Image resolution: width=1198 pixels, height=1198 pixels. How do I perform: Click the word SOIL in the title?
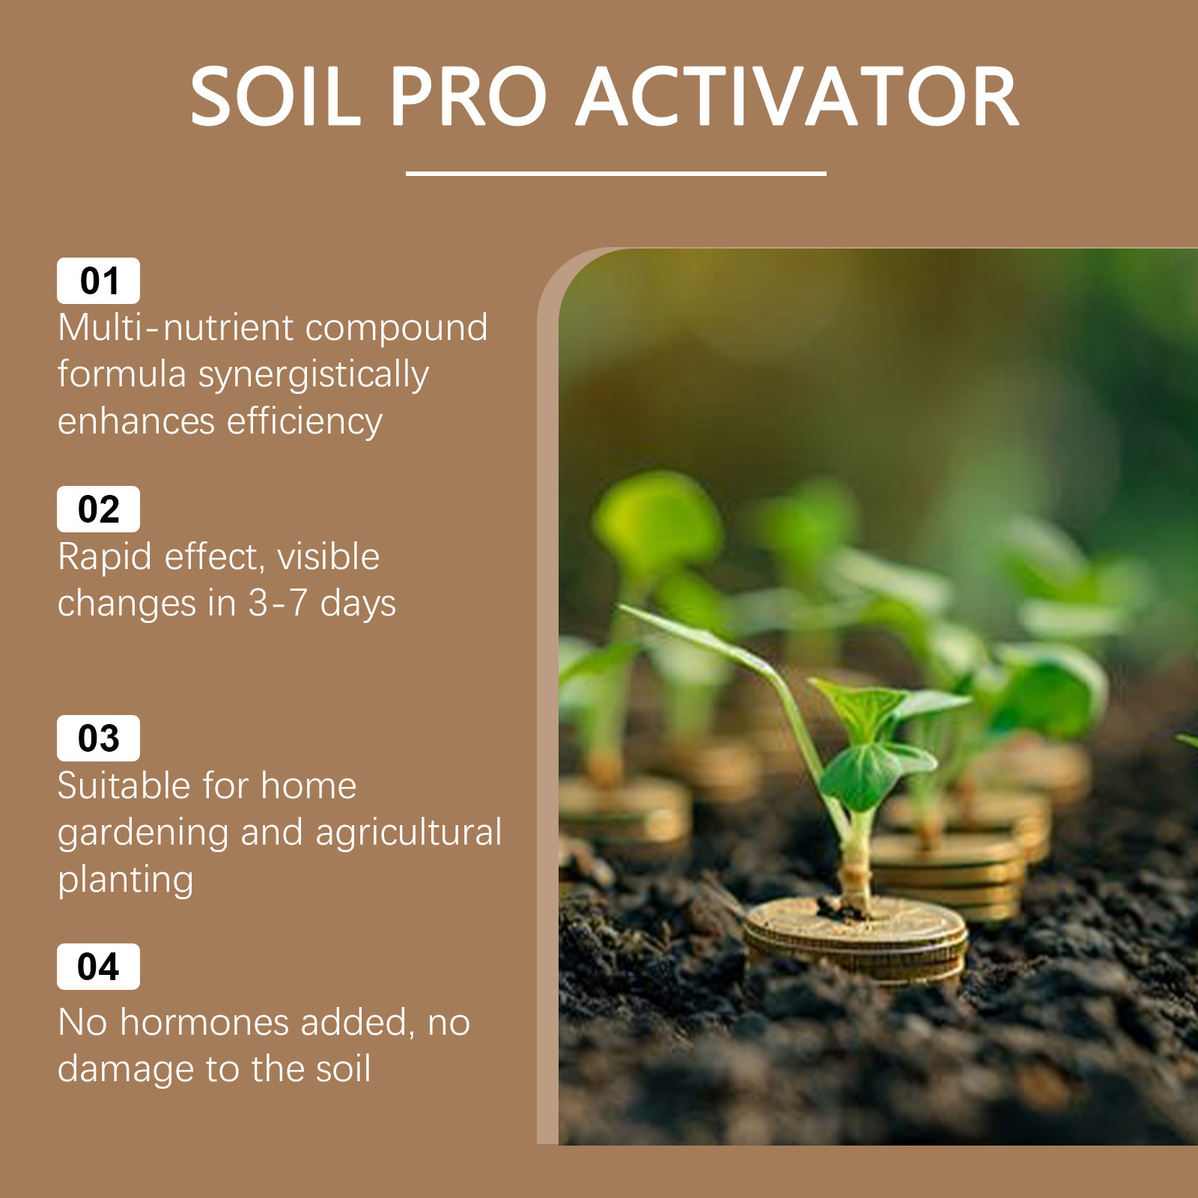(x=276, y=97)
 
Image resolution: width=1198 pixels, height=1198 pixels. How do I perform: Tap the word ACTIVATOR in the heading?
(x=797, y=97)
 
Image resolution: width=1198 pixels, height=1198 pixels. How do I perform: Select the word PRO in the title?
(x=469, y=97)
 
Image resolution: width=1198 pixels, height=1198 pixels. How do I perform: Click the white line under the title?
(x=615, y=173)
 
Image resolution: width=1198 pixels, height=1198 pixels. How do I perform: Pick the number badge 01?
(x=98, y=281)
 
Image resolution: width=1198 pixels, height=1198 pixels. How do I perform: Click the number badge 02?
(x=98, y=509)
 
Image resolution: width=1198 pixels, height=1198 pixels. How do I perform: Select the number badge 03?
(x=98, y=738)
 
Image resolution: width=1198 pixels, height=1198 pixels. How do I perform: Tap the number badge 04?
(x=98, y=967)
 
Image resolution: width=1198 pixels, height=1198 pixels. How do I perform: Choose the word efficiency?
(x=305, y=422)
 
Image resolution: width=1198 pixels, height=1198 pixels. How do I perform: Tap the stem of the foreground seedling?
(x=855, y=861)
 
